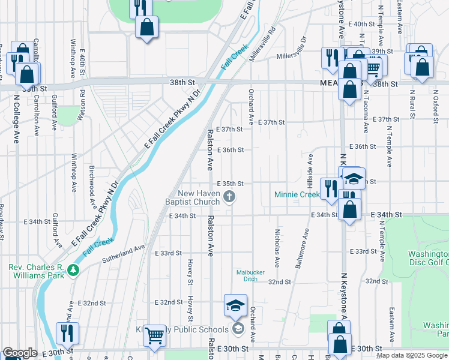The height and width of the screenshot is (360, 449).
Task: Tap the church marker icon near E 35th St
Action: (x=229, y=196)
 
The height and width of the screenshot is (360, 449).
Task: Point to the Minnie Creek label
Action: (x=297, y=194)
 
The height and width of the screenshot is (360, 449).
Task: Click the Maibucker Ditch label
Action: (x=246, y=275)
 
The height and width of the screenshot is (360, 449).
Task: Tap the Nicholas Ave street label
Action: (x=277, y=247)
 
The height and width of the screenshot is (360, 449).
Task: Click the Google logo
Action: (x=20, y=353)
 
